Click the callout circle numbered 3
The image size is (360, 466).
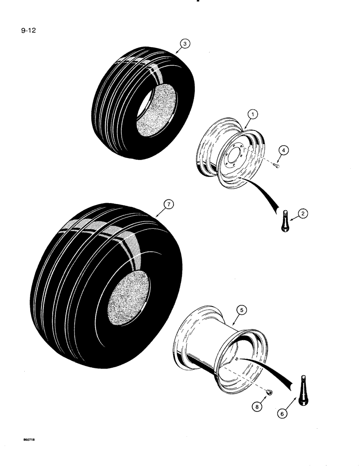click(185, 44)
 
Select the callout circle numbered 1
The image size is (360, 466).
click(250, 113)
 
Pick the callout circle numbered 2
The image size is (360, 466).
click(304, 214)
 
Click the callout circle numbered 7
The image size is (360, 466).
click(168, 204)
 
